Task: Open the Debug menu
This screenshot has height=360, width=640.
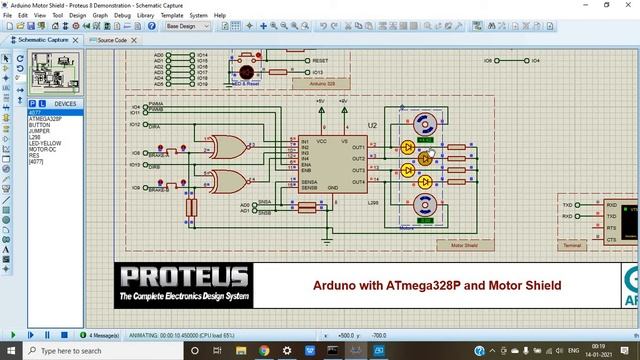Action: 121,16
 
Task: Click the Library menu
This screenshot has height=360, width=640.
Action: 145,16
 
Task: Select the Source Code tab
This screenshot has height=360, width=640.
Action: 110,40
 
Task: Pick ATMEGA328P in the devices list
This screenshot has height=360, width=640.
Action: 45,118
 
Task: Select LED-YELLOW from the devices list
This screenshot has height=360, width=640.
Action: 44,144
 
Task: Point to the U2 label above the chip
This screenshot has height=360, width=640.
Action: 372,127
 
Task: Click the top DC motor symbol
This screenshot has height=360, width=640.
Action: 421,124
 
